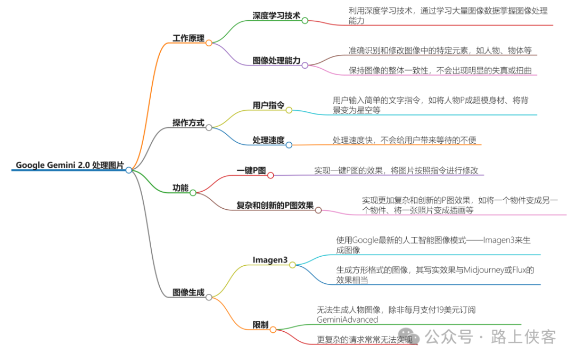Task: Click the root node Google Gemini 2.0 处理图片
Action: (69, 165)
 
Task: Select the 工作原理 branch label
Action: (188, 38)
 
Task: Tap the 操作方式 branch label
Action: (188, 122)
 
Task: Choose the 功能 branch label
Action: (180, 187)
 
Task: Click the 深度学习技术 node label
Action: (276, 15)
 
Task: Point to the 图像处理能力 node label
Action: (276, 60)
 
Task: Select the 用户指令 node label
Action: (268, 105)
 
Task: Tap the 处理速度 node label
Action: (268, 140)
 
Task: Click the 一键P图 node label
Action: (251, 170)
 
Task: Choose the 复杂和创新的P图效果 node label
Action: (275, 206)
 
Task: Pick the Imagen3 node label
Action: (270, 260)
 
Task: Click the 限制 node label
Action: (260, 325)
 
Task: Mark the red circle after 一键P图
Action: (270, 175)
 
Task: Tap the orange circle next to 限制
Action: (273, 330)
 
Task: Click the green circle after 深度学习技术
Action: (305, 21)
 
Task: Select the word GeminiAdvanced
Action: (347, 320)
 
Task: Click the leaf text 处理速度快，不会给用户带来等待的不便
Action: (404, 140)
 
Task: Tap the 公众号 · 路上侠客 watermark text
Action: (490, 337)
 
